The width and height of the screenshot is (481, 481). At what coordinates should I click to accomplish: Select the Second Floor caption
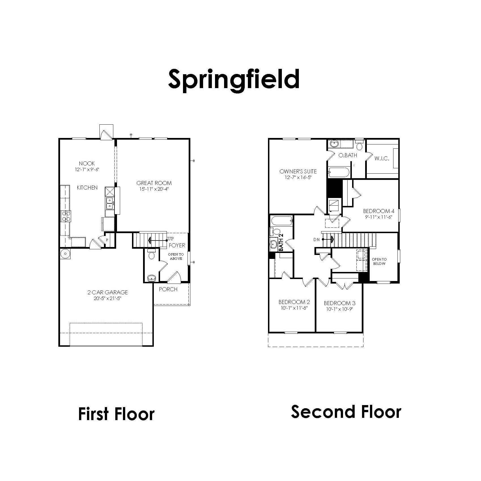click(x=346, y=412)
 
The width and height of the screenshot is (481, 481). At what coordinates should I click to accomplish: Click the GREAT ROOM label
click(x=154, y=183)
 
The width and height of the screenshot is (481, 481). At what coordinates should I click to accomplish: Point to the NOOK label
click(x=87, y=163)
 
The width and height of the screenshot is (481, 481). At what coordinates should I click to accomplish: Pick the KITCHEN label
click(x=87, y=188)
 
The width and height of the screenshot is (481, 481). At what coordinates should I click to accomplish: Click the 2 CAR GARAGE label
click(x=108, y=292)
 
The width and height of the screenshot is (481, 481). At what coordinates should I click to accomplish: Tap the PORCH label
click(x=168, y=289)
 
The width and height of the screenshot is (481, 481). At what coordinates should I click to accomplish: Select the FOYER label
click(x=177, y=245)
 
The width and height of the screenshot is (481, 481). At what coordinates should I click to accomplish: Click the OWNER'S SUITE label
click(x=298, y=171)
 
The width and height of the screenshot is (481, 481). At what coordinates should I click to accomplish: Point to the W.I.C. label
click(x=382, y=159)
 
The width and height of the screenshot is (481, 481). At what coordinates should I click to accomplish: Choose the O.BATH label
click(x=348, y=155)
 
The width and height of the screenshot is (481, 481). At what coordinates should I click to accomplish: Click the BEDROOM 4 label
click(x=379, y=211)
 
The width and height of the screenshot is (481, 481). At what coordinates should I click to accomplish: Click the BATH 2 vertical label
click(x=281, y=242)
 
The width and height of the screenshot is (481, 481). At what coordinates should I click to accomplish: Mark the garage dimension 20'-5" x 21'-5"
click(x=108, y=299)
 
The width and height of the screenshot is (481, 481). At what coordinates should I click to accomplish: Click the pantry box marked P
click(x=107, y=240)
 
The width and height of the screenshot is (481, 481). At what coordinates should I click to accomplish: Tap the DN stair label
click(x=316, y=240)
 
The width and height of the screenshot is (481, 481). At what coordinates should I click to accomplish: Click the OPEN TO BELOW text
click(x=379, y=261)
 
